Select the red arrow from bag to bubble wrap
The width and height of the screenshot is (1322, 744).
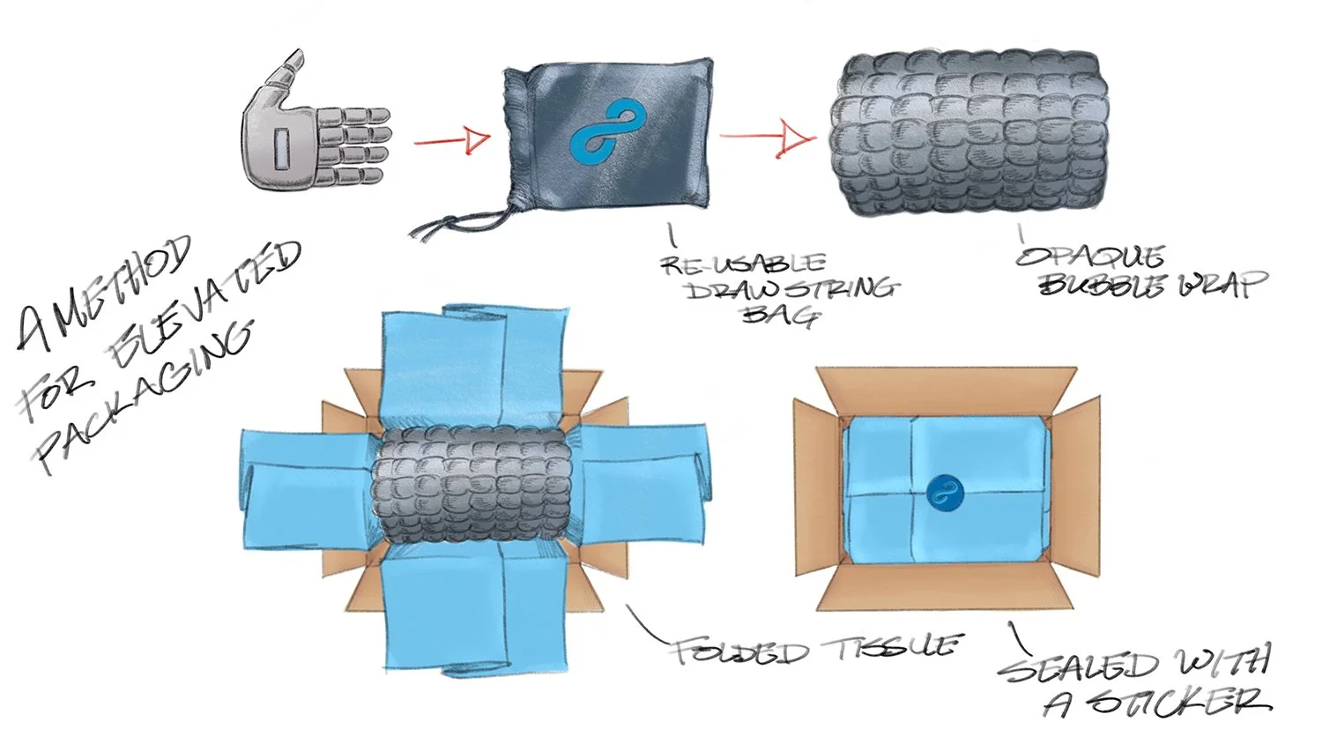point(767,138)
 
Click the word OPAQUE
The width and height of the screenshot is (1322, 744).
point(1090,257)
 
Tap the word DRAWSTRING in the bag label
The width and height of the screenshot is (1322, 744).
point(791,288)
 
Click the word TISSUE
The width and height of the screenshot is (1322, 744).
point(890,647)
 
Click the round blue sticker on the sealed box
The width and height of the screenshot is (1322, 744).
point(945,492)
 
